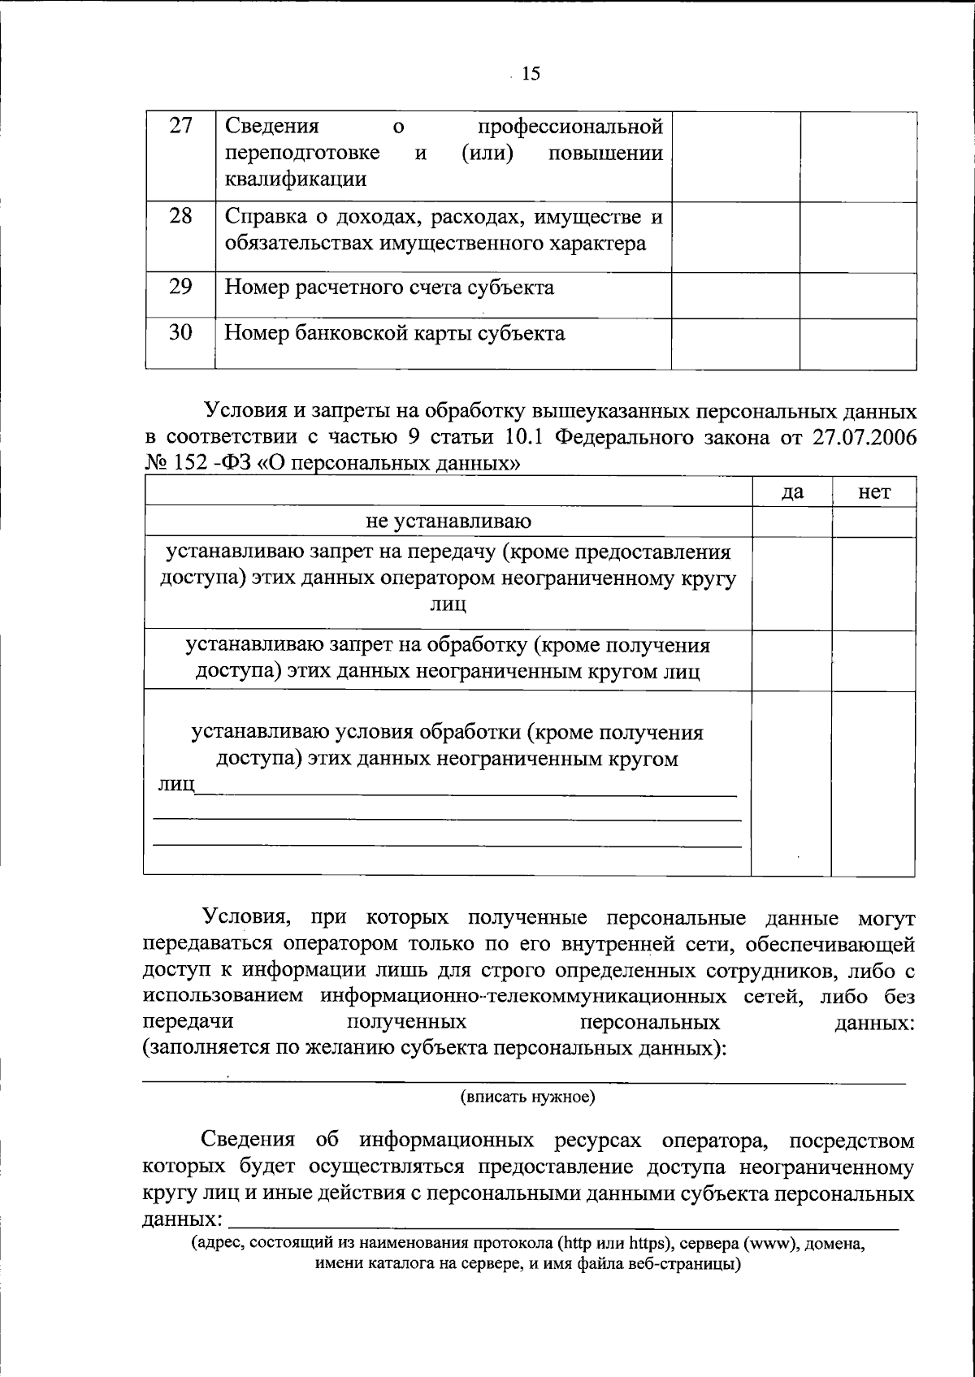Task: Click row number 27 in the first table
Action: click(180, 127)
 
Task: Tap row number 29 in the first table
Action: click(180, 286)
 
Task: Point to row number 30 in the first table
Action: click(180, 332)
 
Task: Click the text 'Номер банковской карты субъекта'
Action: click(394, 333)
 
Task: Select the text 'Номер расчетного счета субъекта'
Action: click(389, 288)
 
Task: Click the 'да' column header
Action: click(791, 492)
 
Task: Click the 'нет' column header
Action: click(873, 492)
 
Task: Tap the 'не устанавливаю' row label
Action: click(448, 522)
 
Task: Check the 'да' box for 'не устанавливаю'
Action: click(791, 522)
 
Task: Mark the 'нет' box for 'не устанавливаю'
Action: click(873, 522)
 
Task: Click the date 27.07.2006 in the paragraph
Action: click(863, 437)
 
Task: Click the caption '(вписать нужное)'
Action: click(528, 1098)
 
